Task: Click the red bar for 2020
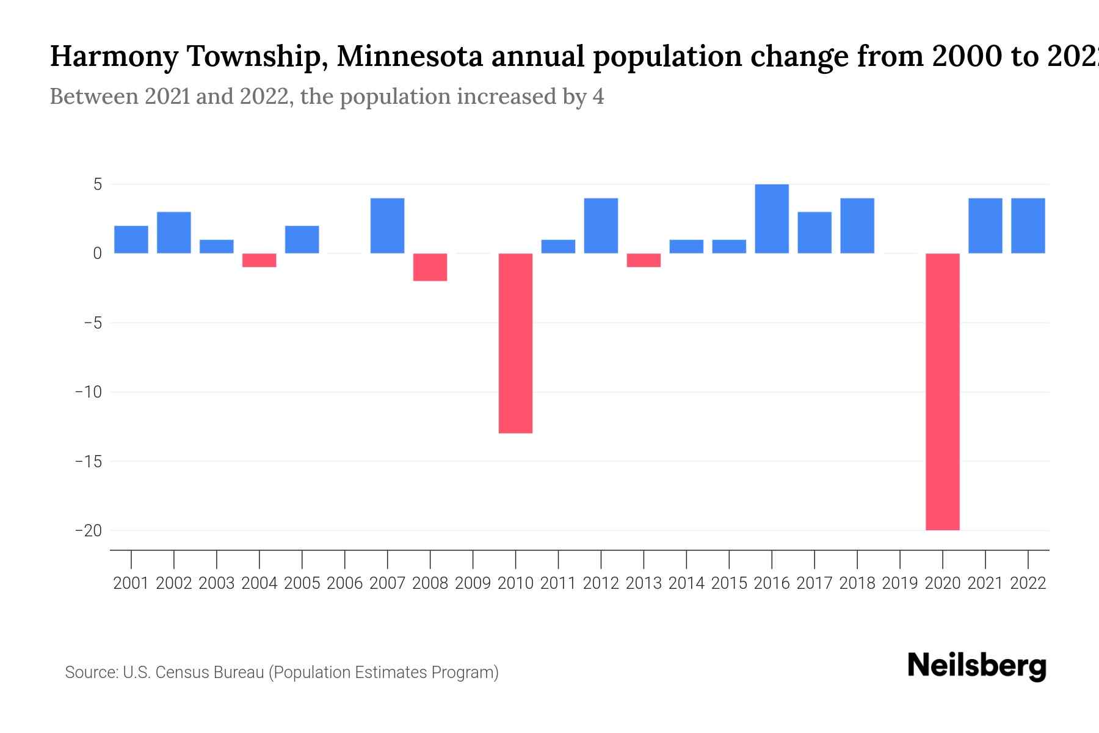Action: [x=942, y=391]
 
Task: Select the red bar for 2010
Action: [x=515, y=343]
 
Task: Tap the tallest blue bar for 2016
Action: [x=772, y=219]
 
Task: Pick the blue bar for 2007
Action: [x=387, y=225]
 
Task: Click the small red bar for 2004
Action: [x=259, y=260]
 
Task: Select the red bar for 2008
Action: [x=430, y=267]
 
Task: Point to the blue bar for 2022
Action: [x=1028, y=225]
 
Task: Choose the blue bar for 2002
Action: [x=173, y=232]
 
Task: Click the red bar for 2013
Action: [x=644, y=260]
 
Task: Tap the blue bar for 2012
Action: [x=601, y=225]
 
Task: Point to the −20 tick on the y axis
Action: [x=89, y=530]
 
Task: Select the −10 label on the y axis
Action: [x=89, y=392]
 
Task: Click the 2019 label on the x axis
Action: [x=899, y=583]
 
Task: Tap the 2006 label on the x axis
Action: [x=344, y=583]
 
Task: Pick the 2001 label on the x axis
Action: [x=131, y=583]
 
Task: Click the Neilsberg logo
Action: [x=977, y=666]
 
